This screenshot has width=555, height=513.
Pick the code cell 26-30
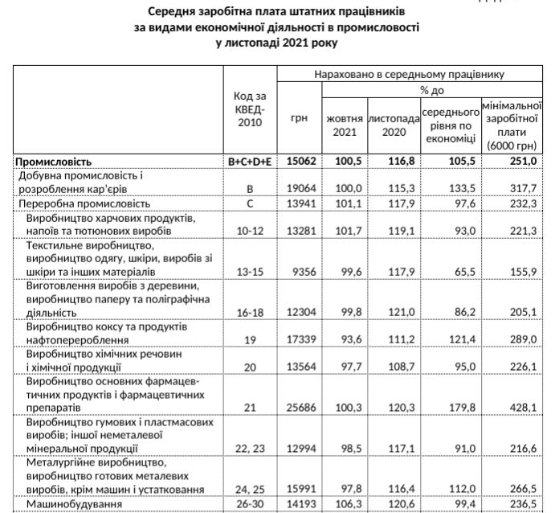pos(250,504)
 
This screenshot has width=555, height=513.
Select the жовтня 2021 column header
pos(344,125)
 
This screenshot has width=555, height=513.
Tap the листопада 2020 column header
pos(394,125)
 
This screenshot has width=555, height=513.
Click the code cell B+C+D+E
pos(250,161)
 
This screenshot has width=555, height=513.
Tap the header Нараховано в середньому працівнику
pos(409,74)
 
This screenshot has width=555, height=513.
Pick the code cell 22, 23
pos(250,448)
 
